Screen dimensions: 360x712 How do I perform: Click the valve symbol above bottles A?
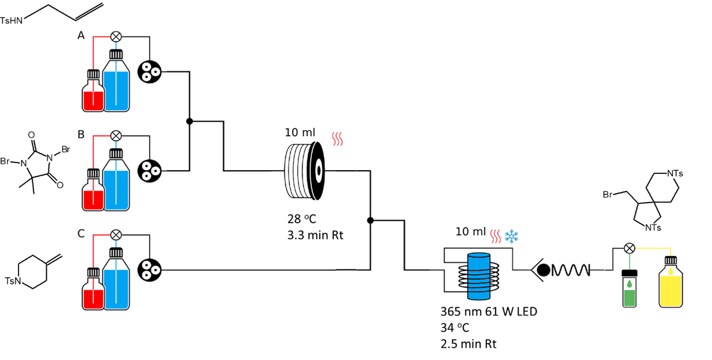117,37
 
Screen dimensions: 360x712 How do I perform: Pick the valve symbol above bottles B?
117,136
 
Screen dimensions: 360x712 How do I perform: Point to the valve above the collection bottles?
629,248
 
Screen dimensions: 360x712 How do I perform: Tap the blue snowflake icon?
511,237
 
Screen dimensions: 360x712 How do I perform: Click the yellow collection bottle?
671,285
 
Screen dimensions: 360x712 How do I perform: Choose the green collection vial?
629,290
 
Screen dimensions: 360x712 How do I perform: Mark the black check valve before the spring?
542,269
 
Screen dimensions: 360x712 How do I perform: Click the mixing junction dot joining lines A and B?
189,121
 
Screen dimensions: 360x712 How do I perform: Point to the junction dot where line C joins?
370,220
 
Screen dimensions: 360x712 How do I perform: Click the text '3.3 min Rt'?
315,236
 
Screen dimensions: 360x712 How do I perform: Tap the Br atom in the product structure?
608,195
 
